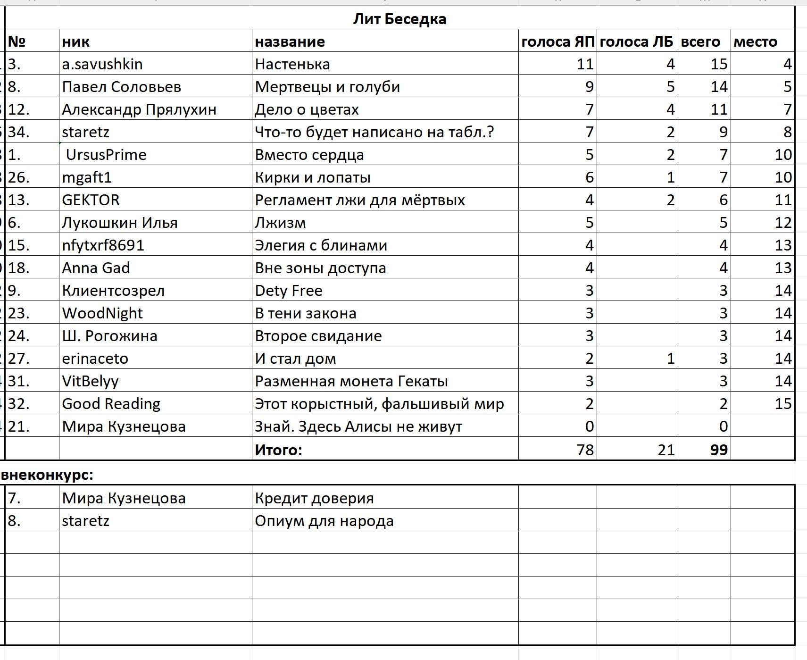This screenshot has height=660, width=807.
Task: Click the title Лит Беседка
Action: pyautogui.click(x=399, y=19)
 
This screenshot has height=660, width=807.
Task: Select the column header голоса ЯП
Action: pyautogui.click(x=557, y=42)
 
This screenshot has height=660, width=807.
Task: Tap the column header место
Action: pyautogui.click(x=755, y=42)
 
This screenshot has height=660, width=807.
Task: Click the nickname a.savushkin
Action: pyautogui.click(x=102, y=64)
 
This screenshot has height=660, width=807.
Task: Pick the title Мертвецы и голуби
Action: pyautogui.click(x=327, y=87)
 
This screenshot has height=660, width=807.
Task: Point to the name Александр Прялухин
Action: pyautogui.click(x=139, y=109)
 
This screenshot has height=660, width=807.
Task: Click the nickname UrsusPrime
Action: pyautogui.click(x=106, y=155)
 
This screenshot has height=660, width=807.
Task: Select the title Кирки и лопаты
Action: pyautogui.click(x=313, y=177)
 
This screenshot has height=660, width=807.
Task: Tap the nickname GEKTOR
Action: pyautogui.click(x=91, y=200)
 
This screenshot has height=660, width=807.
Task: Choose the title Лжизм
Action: pyautogui.click(x=280, y=223)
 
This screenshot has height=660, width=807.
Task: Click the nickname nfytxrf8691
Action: pyautogui.click(x=103, y=245)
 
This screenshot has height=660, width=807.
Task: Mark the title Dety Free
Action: pyautogui.click(x=289, y=291)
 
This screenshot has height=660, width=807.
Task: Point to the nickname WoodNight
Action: pyautogui.click(x=102, y=313)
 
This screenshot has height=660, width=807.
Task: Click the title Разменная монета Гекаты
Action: pyautogui.click(x=351, y=381)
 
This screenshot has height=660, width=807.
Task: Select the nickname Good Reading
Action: pyautogui.click(x=111, y=404)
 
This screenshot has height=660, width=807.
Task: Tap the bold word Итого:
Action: pyautogui.click(x=278, y=450)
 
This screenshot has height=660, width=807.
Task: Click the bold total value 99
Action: pyautogui.click(x=718, y=450)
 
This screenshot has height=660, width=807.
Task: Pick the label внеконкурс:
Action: pyautogui.click(x=47, y=475)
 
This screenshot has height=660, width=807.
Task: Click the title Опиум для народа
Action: pyautogui.click(x=324, y=521)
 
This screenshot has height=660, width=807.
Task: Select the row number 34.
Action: pyautogui.click(x=19, y=132)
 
